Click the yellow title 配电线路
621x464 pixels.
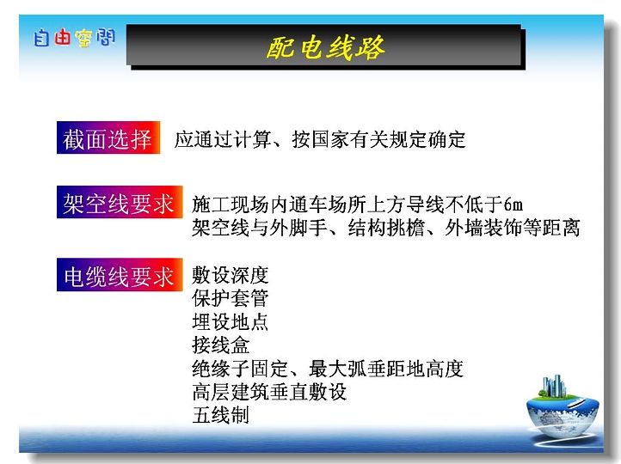click(325, 48)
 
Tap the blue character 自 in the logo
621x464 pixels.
click(41, 38)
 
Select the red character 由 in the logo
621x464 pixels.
click(63, 38)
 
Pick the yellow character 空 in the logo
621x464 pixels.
click(83, 39)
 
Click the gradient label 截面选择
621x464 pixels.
click(108, 137)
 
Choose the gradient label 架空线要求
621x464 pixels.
click(120, 202)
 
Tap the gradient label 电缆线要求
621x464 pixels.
click(120, 275)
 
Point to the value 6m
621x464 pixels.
click(513, 205)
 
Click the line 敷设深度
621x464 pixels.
click(231, 275)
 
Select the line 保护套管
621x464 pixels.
click(231, 298)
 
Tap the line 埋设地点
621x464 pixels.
click(231, 321)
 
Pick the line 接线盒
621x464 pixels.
click(221, 345)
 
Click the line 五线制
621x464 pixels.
click(221, 415)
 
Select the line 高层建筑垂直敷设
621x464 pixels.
click(269, 392)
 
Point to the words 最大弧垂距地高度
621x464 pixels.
click(385, 369)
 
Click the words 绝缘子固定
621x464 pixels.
click(240, 369)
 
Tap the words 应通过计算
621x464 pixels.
click(223, 139)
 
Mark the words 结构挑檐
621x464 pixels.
click(386, 228)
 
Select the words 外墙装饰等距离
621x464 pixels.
click(513, 228)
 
